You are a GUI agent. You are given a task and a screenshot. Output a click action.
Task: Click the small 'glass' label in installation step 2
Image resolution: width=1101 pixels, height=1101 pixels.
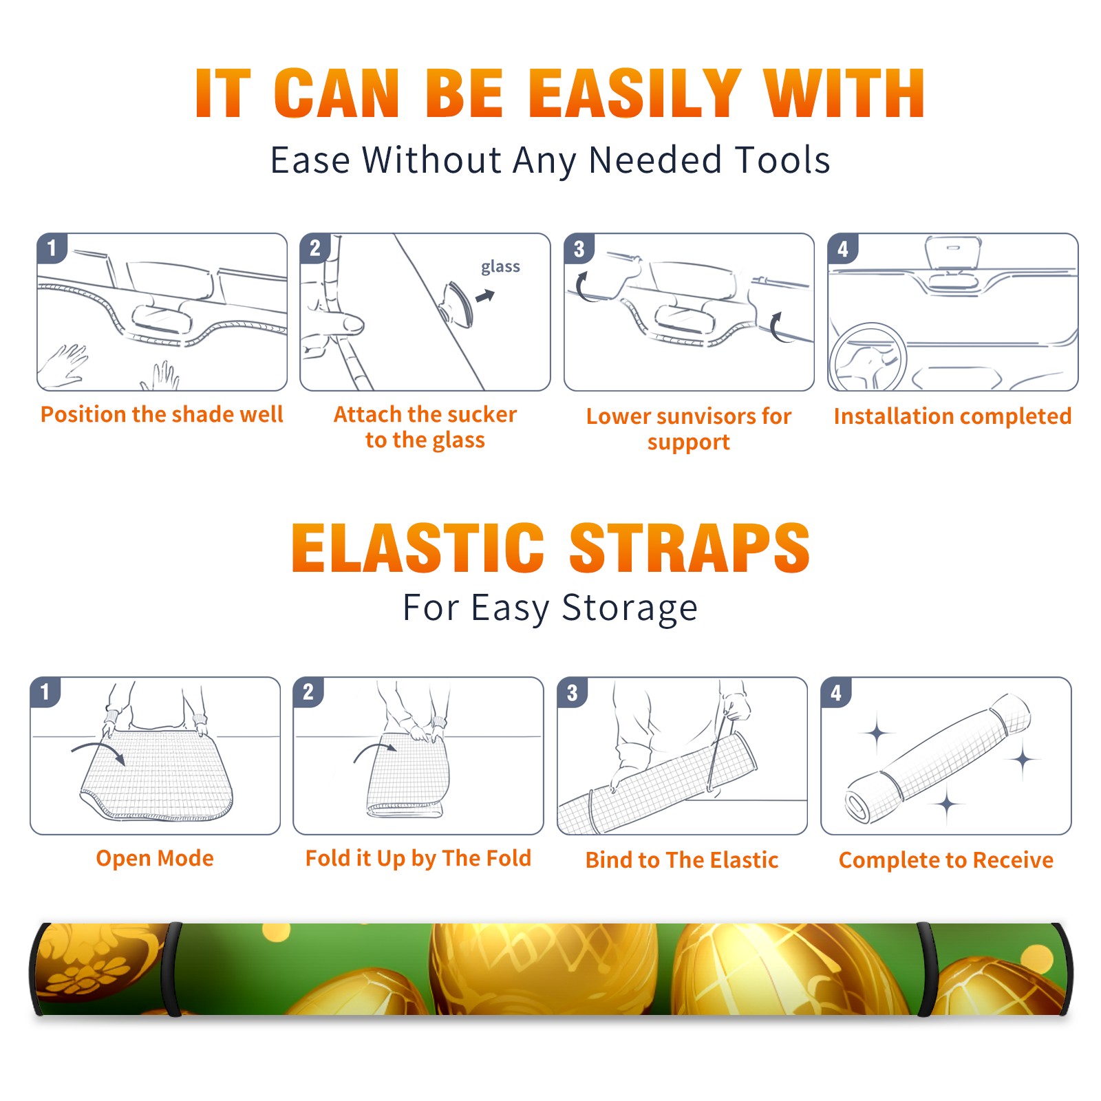point(500,267)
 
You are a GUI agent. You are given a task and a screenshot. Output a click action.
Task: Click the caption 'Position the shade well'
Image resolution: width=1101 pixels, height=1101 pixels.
point(162,414)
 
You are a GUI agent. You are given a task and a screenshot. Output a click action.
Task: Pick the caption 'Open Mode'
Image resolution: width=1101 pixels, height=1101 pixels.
point(155,858)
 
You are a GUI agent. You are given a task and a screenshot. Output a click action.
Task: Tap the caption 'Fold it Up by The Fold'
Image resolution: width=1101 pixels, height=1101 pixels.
point(418,858)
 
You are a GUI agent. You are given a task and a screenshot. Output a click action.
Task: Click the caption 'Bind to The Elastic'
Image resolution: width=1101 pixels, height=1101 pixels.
point(682,860)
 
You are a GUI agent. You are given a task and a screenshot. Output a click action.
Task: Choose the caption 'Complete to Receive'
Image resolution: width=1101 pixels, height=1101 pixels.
point(946,860)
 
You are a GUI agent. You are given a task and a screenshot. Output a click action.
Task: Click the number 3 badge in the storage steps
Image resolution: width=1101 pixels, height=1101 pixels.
point(573,692)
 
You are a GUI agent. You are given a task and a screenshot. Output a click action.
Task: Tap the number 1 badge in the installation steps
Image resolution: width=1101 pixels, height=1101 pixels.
point(52,248)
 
